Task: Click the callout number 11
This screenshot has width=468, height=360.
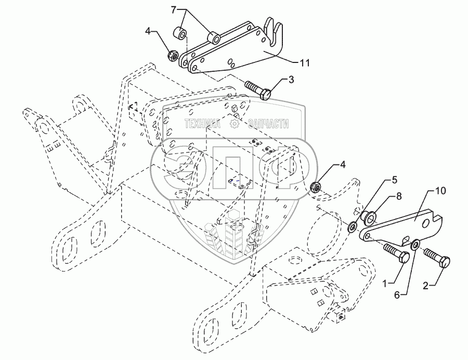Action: [305, 62]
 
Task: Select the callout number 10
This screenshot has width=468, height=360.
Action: [440, 192]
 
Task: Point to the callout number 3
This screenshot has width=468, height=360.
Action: [290, 79]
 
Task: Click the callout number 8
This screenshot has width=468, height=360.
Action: [399, 197]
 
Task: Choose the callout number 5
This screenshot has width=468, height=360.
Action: [394, 180]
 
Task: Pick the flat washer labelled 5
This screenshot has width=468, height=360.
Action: [352, 227]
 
